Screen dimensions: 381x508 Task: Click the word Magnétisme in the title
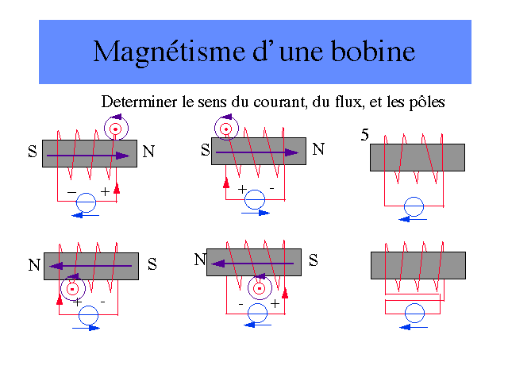click(156, 52)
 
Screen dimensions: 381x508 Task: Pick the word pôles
click(424, 102)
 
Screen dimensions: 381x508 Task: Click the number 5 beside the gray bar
click(364, 135)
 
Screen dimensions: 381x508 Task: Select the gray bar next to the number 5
click(418, 157)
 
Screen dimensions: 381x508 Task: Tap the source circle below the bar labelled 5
click(411, 207)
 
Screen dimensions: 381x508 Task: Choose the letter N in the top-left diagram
click(148, 152)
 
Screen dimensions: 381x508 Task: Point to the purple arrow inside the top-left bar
click(87, 156)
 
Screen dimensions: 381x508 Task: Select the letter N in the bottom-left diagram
click(34, 266)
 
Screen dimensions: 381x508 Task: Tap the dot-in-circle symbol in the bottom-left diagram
click(72, 288)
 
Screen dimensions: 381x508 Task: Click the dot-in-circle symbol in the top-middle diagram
click(226, 129)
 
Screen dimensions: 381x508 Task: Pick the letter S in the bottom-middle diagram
click(314, 260)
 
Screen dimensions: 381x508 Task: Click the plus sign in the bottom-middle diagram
click(275, 304)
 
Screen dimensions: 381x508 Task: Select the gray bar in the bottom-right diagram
click(418, 265)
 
